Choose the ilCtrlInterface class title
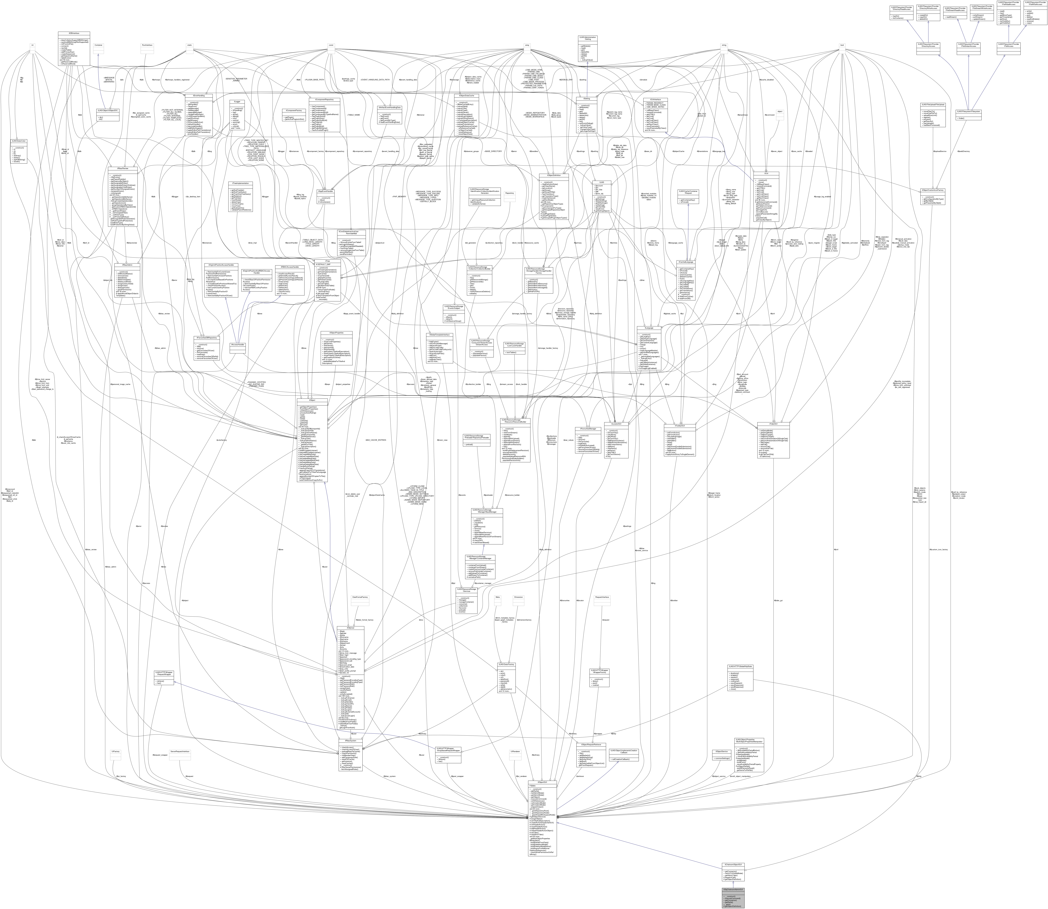pos(665,100)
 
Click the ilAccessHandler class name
pos(238,345)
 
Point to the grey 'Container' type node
pos(98,45)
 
